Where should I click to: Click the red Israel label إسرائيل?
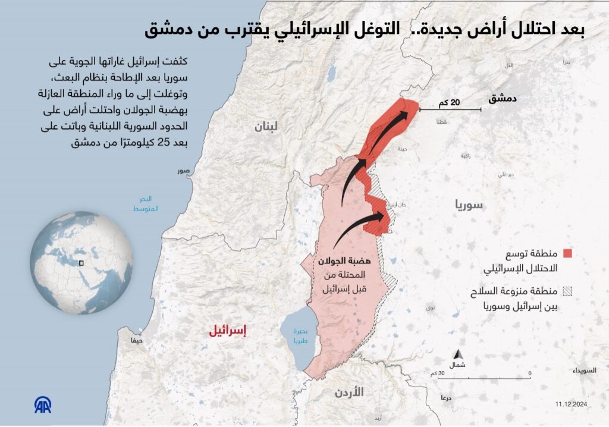(227, 332)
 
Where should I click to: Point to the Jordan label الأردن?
(349, 392)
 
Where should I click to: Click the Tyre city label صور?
(183, 171)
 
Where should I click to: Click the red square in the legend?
(567, 253)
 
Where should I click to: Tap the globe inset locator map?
(81, 262)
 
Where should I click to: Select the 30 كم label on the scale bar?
(437, 373)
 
